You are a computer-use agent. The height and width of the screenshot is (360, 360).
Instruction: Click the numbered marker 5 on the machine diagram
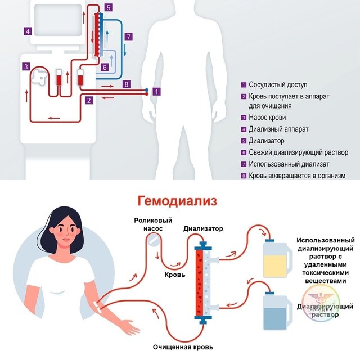tap(109, 7)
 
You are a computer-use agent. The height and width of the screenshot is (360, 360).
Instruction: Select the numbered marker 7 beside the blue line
tap(128, 37)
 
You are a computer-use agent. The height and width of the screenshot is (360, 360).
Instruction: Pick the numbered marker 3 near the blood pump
tap(26, 66)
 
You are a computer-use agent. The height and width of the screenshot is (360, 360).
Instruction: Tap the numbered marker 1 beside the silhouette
tap(157, 91)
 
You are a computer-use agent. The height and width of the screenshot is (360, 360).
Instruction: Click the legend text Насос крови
tap(267, 118)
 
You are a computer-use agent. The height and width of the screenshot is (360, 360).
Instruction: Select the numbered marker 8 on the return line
tap(126, 84)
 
